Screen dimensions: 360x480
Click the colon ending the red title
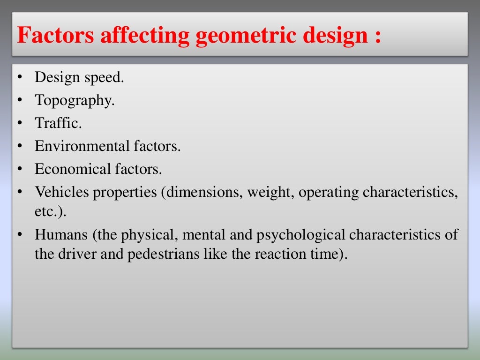[377, 37]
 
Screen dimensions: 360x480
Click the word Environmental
[80, 146]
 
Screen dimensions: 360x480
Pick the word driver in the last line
[81, 255]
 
